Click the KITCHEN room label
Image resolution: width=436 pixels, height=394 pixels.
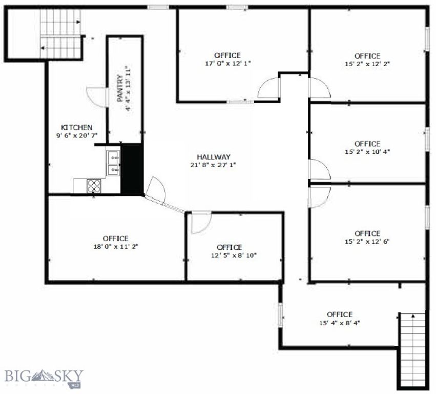point(76,127)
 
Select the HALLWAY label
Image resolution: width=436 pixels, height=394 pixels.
point(213,157)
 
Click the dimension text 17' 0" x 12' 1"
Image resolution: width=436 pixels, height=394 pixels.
point(227,63)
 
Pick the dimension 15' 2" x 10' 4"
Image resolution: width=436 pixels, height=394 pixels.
point(367,152)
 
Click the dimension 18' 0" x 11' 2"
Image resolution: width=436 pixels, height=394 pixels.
point(115,246)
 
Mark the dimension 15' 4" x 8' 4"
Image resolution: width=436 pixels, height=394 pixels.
point(339,323)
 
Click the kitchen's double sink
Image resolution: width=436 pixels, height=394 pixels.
point(113,163)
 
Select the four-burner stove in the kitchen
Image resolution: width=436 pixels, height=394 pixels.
point(94,186)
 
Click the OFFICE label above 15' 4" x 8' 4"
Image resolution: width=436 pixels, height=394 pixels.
point(339,314)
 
